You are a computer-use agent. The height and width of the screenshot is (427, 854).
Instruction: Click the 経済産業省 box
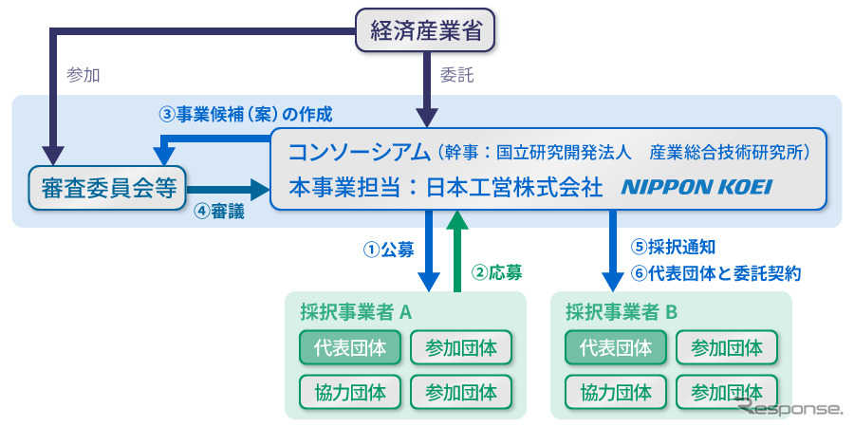click(x=426, y=31)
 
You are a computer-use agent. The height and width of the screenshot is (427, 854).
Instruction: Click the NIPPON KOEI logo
click(x=696, y=188)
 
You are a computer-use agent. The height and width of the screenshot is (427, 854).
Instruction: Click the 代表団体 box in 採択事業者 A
click(x=350, y=347)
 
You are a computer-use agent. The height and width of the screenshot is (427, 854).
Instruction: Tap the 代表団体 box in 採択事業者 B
click(x=616, y=347)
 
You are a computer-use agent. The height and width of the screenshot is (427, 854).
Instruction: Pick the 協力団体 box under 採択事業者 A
click(x=350, y=391)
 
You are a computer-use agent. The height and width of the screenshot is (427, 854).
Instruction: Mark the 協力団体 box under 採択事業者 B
click(x=616, y=391)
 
